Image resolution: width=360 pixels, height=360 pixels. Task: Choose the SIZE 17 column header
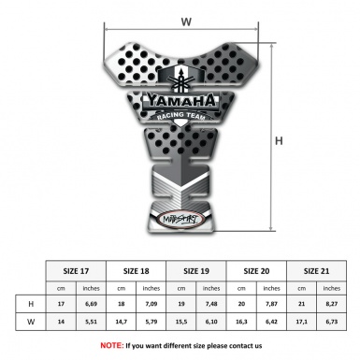coord(77,270)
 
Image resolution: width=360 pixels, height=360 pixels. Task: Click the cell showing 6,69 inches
coord(92,305)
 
